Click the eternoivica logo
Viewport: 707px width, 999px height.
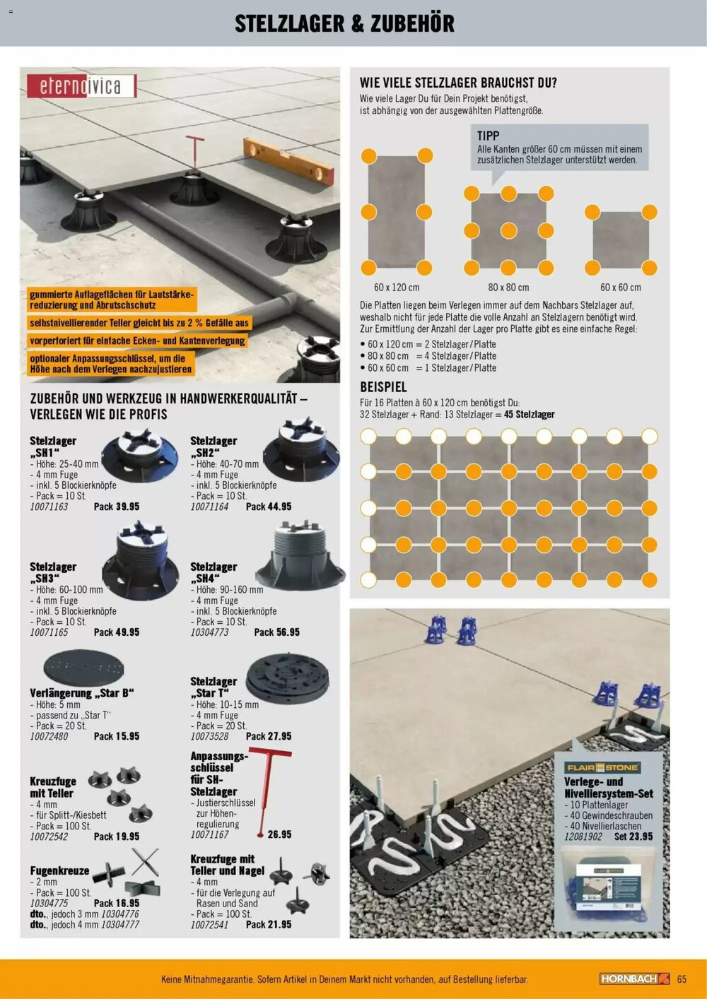pyautogui.click(x=81, y=86)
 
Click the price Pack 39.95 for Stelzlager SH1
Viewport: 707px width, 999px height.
pyautogui.click(x=116, y=507)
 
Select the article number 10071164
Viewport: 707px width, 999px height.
pyautogui.click(x=209, y=507)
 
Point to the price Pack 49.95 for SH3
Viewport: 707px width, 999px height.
pyautogui.click(x=116, y=632)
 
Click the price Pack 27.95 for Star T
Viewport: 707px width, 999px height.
pyautogui.click(x=268, y=736)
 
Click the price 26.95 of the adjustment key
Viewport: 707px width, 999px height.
pyautogui.click(x=279, y=834)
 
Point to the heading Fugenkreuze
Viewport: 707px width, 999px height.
pyautogui.click(x=59, y=870)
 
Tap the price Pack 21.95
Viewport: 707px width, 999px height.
pyautogui.click(x=268, y=924)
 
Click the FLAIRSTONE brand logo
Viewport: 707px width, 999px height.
pyautogui.click(x=602, y=767)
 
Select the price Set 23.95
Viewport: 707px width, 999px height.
pyautogui.click(x=633, y=837)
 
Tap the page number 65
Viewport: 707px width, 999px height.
pyautogui.click(x=682, y=979)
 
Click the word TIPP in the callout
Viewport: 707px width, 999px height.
pyautogui.click(x=488, y=136)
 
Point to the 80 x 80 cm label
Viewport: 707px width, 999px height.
pyautogui.click(x=508, y=288)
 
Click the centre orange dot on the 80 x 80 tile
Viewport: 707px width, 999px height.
pyautogui.click(x=508, y=230)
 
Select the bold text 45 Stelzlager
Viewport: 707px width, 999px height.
pyautogui.click(x=529, y=415)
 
